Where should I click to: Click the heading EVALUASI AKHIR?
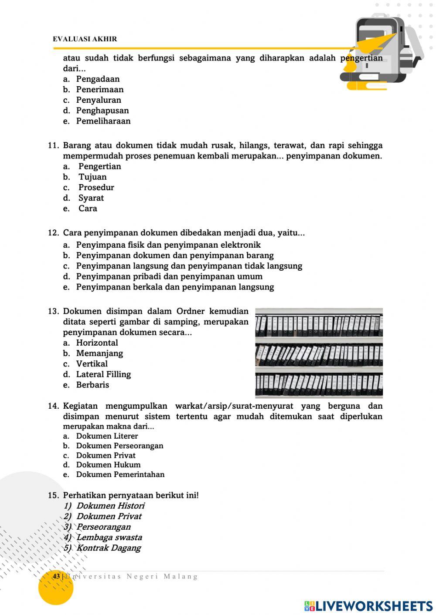(85, 39)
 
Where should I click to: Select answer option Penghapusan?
(102, 111)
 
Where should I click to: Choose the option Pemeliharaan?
(103, 121)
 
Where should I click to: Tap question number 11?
(53, 145)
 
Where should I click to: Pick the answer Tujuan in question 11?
(92, 177)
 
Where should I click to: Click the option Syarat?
(91, 198)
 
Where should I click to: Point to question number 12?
(53, 233)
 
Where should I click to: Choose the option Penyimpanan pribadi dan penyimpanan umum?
(169, 276)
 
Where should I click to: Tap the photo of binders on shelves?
(319, 353)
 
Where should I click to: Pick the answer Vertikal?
(92, 364)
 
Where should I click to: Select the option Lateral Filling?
(103, 374)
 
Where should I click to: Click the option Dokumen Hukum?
(108, 465)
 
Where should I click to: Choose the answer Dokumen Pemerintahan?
(120, 474)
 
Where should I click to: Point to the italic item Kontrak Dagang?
(109, 548)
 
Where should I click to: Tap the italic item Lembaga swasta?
(109, 538)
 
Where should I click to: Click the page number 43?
(56, 577)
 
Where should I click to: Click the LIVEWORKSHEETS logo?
(368, 606)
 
